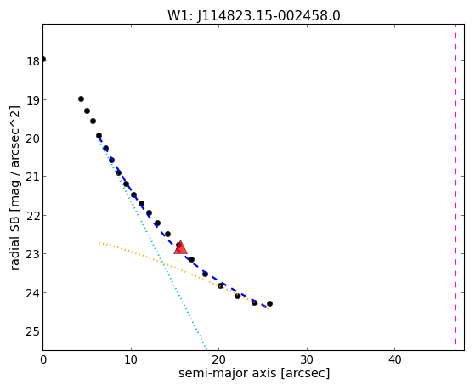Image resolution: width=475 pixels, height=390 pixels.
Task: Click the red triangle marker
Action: [180, 247]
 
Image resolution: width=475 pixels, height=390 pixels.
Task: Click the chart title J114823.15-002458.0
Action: [269, 15]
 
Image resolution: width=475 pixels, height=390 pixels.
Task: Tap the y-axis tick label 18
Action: [33, 61]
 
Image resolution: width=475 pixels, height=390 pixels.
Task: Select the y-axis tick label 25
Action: [33, 332]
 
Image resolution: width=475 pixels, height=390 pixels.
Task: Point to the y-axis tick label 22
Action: [33, 216]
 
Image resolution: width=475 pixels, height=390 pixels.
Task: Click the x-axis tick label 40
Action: [395, 359]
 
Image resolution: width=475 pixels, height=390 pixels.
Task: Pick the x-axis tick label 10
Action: [131, 359]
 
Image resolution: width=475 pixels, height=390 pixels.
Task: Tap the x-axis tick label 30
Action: [307, 359]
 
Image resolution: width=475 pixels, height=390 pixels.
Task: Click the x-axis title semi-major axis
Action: [228, 373]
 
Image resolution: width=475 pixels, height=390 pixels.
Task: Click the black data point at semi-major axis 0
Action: [43, 59]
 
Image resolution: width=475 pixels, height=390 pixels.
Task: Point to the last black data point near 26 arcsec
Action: [269, 303]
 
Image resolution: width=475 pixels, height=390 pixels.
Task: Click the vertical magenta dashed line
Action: [455, 185]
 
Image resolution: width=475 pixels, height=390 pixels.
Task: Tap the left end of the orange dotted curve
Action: [99, 243]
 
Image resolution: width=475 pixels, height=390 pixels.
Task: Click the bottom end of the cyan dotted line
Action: [206, 348]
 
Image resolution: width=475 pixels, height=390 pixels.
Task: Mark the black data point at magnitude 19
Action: [81, 99]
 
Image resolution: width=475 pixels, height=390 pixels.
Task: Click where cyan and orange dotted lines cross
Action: [162, 262]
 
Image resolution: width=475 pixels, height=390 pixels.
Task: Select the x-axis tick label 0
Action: [43, 359]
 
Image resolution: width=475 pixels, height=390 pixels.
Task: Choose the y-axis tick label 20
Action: [33, 138]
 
